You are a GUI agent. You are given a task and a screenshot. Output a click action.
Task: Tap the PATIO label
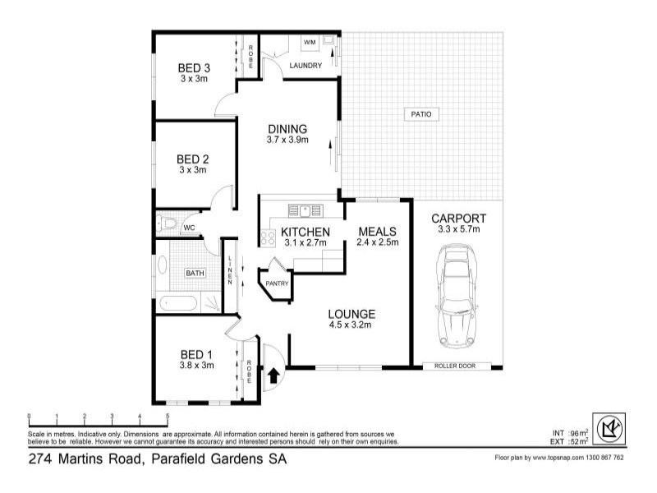click(421, 114)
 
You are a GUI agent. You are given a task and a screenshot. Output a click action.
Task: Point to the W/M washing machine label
click(310, 41)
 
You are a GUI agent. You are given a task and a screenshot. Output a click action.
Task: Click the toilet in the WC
click(169, 223)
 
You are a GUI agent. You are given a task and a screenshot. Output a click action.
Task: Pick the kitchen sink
click(310, 209)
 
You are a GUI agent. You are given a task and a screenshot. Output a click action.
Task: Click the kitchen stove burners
click(268, 238)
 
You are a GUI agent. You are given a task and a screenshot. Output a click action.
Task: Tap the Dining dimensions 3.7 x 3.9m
click(287, 141)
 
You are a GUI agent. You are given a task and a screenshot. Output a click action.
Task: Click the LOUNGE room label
click(351, 314)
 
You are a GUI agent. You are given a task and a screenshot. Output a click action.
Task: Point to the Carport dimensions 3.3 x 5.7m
click(458, 230)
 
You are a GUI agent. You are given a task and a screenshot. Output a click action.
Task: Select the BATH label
click(195, 274)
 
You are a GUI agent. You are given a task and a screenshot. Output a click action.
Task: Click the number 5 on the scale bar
click(145, 417)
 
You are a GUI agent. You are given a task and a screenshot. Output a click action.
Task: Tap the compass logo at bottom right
click(609, 430)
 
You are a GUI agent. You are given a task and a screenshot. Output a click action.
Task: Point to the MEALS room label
click(378, 232)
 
